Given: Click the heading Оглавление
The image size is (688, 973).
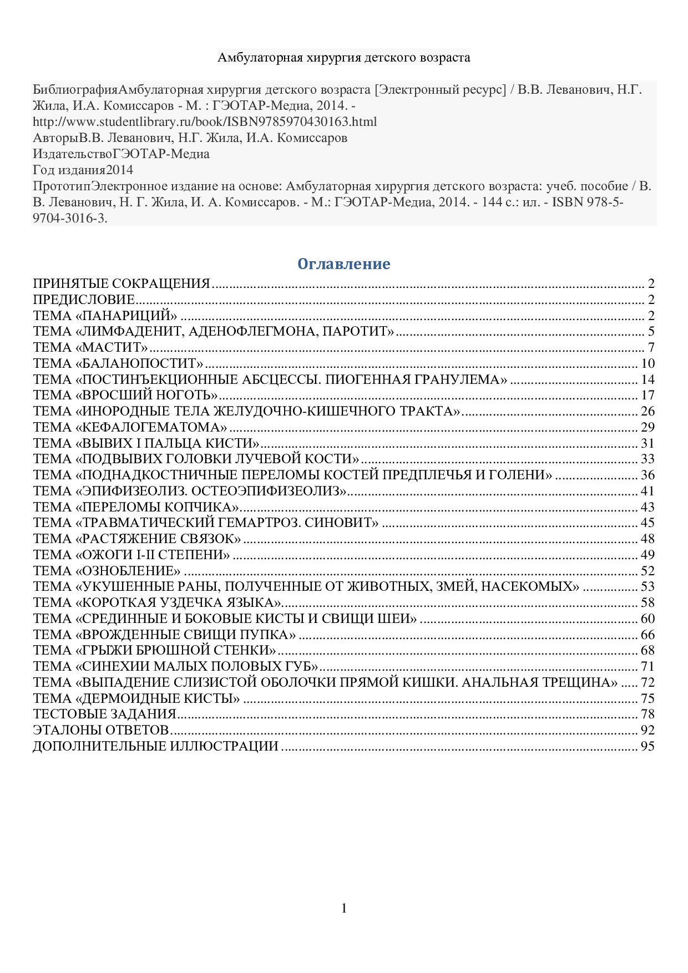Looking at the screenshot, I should click(x=343, y=264).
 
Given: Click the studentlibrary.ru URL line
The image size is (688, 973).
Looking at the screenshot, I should click(x=205, y=121).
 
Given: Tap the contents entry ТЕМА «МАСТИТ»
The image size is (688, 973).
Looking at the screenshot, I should click(x=90, y=348).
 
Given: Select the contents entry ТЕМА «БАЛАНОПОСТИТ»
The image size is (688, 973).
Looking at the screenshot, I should click(x=118, y=364).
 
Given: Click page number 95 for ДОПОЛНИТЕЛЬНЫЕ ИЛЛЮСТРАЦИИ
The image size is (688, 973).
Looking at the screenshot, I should click(x=647, y=746).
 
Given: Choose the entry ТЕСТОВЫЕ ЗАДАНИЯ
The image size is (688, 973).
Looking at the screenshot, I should click(x=104, y=714).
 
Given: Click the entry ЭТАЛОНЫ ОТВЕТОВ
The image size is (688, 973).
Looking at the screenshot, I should click(x=101, y=730).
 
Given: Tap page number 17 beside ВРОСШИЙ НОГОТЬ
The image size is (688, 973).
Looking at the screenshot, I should click(x=647, y=396).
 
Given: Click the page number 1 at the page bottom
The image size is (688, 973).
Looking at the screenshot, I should click(x=344, y=908).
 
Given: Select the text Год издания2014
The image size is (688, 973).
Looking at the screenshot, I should click(x=83, y=170).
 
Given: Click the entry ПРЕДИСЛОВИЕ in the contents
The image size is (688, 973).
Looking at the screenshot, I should click(x=84, y=300).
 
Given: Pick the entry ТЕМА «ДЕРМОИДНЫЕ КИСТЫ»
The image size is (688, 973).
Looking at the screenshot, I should click(x=136, y=698).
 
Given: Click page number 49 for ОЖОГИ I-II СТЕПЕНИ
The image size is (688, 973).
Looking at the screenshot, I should click(x=647, y=555).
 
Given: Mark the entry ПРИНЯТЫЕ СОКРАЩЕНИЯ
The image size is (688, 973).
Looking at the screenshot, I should click(x=122, y=284).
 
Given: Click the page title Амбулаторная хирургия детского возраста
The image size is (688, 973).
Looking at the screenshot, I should click(x=343, y=57).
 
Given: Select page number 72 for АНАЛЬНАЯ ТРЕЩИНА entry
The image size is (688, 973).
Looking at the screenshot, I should click(x=647, y=682).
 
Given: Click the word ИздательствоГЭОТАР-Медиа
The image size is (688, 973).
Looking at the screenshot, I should click(x=121, y=154).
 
